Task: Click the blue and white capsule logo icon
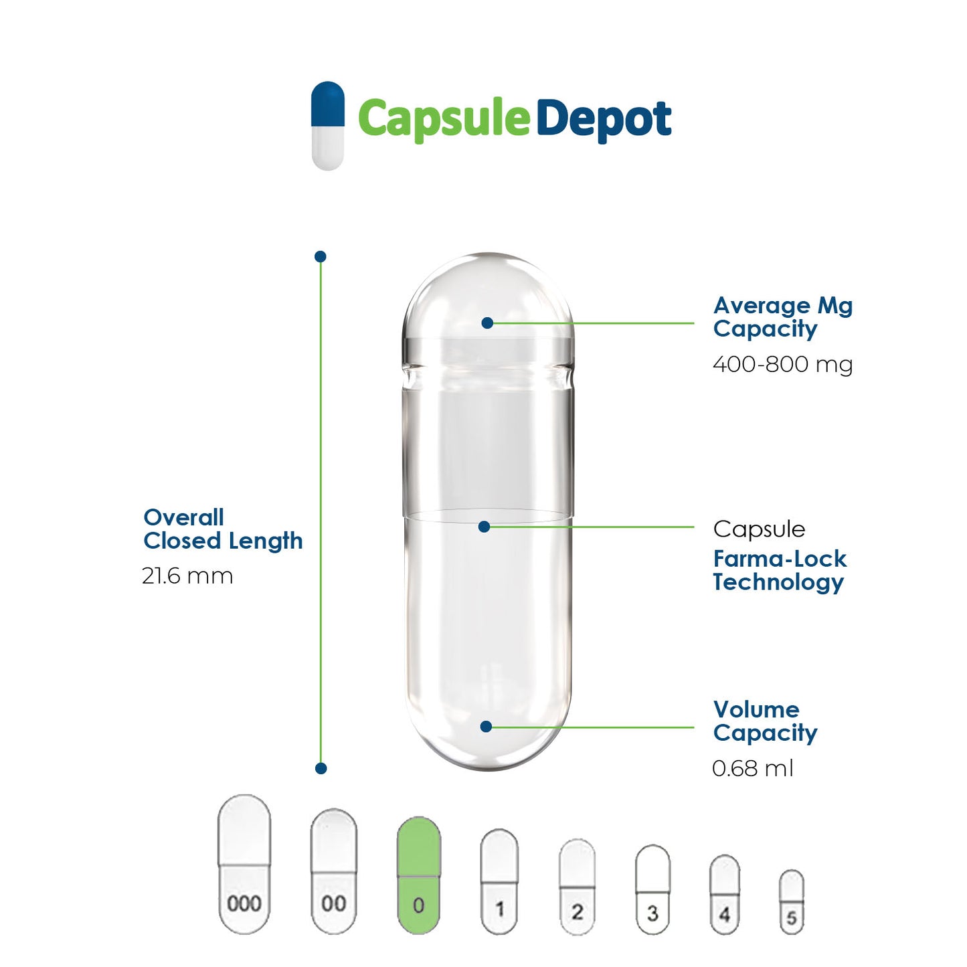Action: click(x=328, y=126)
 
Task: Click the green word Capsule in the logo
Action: click(x=444, y=120)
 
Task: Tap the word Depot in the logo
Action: click(x=603, y=120)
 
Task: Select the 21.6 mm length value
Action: click(x=187, y=576)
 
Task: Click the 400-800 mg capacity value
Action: click(x=782, y=365)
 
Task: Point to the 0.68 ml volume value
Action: click(x=752, y=768)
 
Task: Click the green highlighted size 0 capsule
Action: click(x=419, y=875)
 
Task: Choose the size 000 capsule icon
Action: click(x=245, y=864)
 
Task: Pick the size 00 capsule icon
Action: click(x=333, y=871)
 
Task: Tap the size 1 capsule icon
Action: click(x=499, y=881)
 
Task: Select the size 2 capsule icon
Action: click(x=577, y=886)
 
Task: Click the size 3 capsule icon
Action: click(x=652, y=889)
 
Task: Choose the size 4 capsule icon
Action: click(x=725, y=894)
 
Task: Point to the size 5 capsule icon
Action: click(x=792, y=901)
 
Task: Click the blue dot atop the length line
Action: click(x=321, y=256)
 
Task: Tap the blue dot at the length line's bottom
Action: click(x=321, y=768)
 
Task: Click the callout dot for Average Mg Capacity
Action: click(x=487, y=323)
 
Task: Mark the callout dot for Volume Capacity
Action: click(x=487, y=727)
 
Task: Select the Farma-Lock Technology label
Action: click(x=779, y=570)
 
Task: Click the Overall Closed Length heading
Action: click(x=223, y=529)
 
